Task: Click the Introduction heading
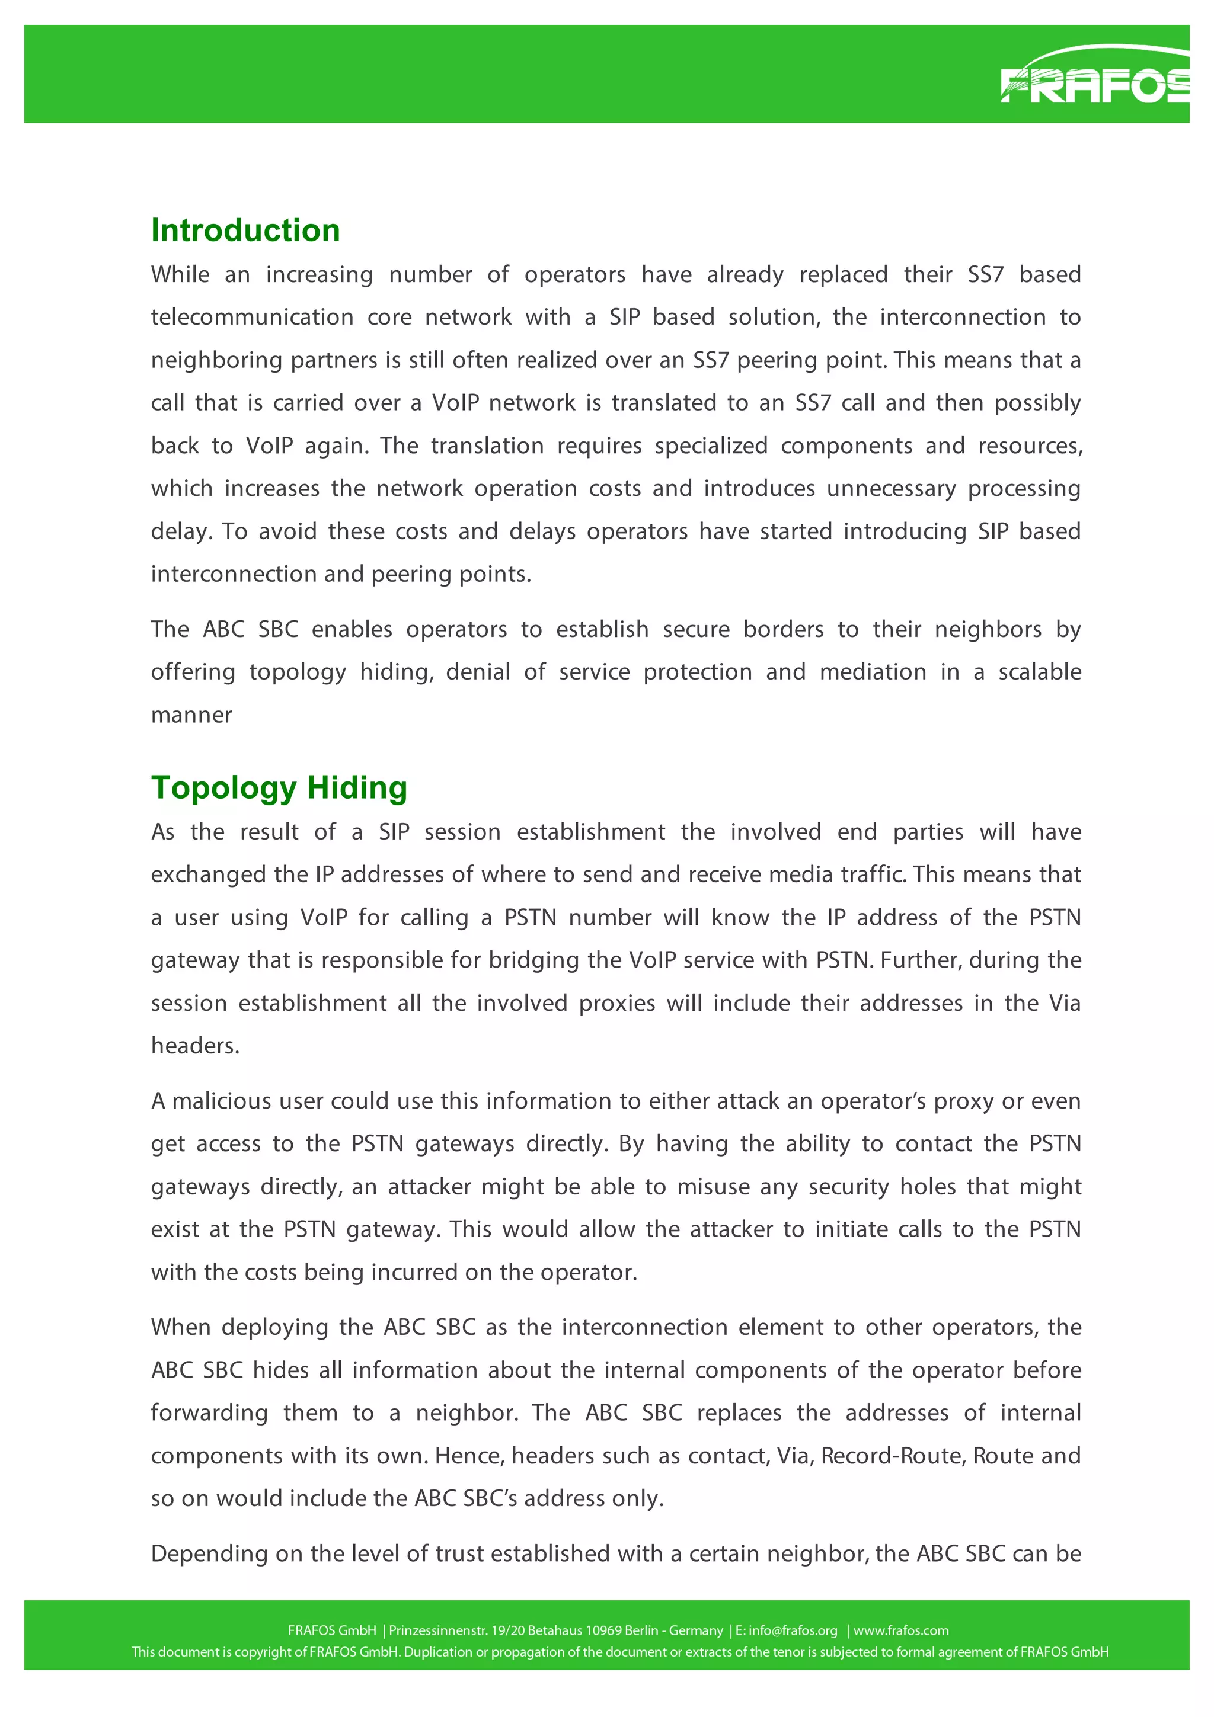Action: pos(245,230)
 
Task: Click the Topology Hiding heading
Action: pos(279,787)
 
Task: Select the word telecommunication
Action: pos(252,317)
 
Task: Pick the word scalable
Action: pos(1039,671)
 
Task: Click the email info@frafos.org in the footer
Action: pos(793,1631)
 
